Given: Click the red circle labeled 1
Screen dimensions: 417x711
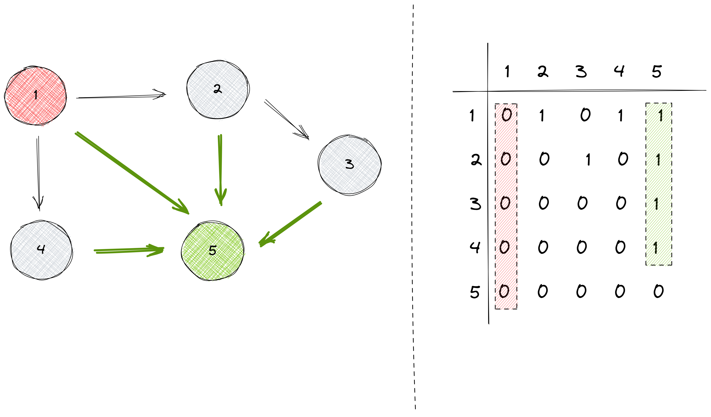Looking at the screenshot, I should (36, 96).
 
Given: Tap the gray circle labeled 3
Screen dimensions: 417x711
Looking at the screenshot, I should (350, 164).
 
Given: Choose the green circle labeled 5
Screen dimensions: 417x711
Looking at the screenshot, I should (213, 251).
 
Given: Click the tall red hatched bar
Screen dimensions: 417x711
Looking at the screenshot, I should (507, 207).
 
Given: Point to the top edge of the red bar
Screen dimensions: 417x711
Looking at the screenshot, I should (507, 104).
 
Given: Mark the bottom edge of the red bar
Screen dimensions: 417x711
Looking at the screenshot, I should (507, 309).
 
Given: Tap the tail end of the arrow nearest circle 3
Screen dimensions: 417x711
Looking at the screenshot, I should (321, 203).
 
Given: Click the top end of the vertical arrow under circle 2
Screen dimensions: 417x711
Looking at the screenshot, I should (220, 136).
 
